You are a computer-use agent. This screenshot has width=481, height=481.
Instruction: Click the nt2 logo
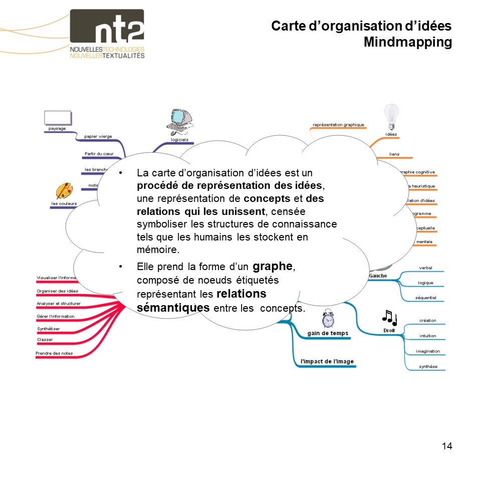click(107, 34)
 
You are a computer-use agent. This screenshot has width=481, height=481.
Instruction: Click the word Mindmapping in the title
click(407, 42)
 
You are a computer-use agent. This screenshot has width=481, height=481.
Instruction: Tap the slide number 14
click(447, 446)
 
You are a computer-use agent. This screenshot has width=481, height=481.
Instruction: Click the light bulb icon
click(391, 116)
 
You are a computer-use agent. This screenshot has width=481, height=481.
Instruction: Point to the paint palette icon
click(64, 191)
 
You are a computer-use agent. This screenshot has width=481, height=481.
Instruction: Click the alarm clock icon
click(328, 319)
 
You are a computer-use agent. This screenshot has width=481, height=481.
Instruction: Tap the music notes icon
click(389, 317)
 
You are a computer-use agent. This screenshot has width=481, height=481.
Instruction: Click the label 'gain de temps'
click(327, 333)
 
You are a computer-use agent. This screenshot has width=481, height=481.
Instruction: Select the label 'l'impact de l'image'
click(327, 361)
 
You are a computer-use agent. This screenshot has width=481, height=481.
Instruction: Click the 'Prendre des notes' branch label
click(54, 353)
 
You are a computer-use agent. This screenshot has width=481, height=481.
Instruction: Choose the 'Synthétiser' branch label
click(49, 329)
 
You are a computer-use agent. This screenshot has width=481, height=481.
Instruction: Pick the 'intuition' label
click(428, 336)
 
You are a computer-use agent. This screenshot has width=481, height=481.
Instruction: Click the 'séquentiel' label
click(425, 298)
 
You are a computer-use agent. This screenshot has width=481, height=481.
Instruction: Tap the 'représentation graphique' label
click(338, 125)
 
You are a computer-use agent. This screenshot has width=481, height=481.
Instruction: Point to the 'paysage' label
click(57, 129)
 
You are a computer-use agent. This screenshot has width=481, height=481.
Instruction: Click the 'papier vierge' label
click(98, 136)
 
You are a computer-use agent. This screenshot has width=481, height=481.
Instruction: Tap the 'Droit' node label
click(389, 331)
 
